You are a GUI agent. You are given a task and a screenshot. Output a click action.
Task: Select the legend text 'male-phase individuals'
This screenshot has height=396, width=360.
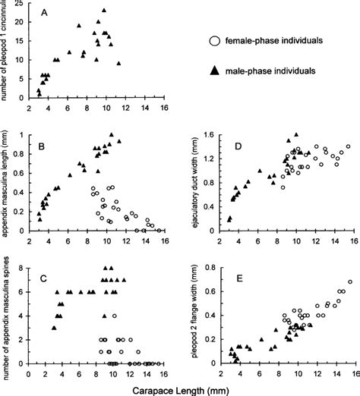click(273, 69)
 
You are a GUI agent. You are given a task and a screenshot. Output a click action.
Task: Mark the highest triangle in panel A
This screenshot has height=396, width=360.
click(104, 11)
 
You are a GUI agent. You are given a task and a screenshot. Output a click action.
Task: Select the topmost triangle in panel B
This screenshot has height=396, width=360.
click(111, 134)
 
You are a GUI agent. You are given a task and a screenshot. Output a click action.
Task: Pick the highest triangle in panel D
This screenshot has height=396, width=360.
click(296, 135)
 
